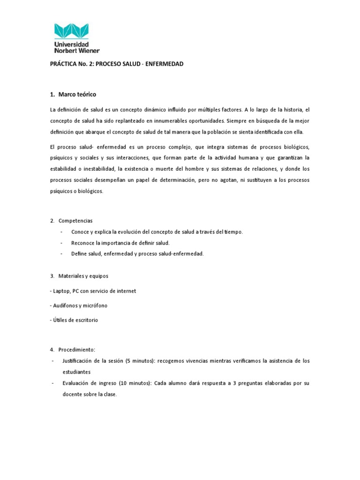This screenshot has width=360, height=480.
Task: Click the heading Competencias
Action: tap(75, 220)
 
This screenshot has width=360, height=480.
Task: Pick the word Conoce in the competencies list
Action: tap(80, 232)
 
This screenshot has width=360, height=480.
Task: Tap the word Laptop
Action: tap(60, 291)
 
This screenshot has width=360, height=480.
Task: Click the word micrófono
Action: tap(95, 306)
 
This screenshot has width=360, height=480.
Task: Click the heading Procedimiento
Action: tap(77, 349)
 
